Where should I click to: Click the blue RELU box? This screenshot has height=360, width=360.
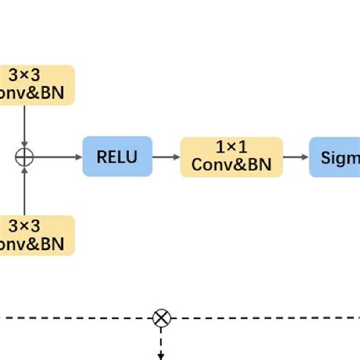(x=117, y=156)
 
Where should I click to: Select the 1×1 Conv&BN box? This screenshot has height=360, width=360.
(x=231, y=157)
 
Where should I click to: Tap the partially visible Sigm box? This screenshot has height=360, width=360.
(x=334, y=157)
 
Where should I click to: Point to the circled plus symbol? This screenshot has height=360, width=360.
(x=25, y=156)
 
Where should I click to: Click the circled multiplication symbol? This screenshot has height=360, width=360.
(x=161, y=317)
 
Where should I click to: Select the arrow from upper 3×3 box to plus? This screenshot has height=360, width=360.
(x=25, y=125)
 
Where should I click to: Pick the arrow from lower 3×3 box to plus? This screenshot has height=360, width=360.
(x=25, y=190)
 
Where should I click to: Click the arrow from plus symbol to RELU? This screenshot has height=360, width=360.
(x=57, y=156)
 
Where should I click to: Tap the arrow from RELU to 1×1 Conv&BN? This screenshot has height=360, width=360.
(x=166, y=157)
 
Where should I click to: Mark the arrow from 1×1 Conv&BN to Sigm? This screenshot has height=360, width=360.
(x=295, y=157)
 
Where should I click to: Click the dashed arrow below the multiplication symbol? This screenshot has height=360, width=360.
(x=161, y=343)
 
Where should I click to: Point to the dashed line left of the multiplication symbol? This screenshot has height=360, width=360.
(x=76, y=317)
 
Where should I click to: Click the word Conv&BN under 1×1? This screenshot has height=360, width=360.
(x=231, y=165)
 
